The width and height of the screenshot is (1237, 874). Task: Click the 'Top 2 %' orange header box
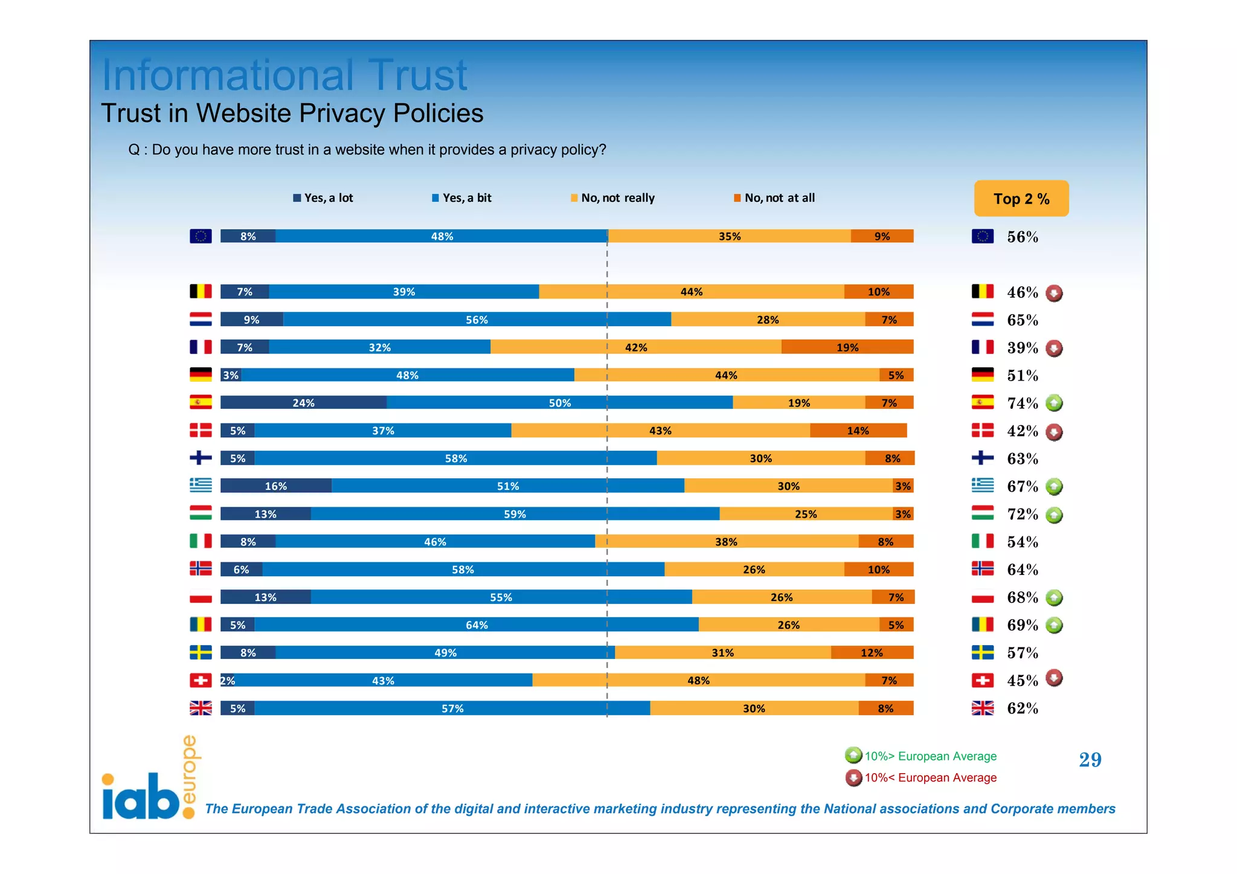(1021, 199)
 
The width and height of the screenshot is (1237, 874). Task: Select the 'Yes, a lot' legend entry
(323, 198)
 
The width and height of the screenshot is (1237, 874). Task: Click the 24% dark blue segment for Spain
(303, 403)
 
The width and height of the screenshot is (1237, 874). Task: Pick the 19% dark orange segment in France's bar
(847, 347)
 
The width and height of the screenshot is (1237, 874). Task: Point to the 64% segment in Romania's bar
(477, 625)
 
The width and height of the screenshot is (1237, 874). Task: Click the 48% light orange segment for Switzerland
(698, 681)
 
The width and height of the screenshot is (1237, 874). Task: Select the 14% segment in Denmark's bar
(858, 431)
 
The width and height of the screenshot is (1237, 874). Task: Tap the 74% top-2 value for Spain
(1022, 403)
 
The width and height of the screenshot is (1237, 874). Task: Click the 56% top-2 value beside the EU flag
(1022, 237)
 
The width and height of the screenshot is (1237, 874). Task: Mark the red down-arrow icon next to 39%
(1054, 349)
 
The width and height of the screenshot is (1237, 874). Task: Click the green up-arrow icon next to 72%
(1054, 515)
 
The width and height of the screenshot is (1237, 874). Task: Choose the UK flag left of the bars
(201, 708)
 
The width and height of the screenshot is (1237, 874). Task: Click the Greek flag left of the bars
(201, 486)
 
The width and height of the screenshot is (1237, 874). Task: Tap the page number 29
(1090, 760)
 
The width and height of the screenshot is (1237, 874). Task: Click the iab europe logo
(149, 782)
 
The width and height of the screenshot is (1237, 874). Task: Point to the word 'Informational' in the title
(228, 76)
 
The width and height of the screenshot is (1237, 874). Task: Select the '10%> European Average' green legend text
(930, 756)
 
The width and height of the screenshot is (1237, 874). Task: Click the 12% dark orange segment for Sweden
(872, 653)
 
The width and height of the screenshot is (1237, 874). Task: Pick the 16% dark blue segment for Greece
(275, 486)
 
